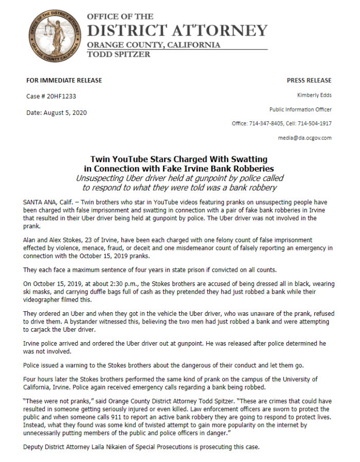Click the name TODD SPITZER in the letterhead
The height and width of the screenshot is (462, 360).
(x=119, y=54)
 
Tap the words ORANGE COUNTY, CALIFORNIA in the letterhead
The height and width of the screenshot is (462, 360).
(x=153, y=45)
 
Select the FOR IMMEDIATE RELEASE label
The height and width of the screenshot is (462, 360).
(x=64, y=80)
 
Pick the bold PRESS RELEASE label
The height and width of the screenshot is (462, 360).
(x=309, y=80)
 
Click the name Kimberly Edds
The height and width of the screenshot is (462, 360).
(x=314, y=95)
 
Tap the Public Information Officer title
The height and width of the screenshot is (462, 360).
(x=300, y=110)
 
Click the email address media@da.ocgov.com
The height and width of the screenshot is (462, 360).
(x=305, y=138)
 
